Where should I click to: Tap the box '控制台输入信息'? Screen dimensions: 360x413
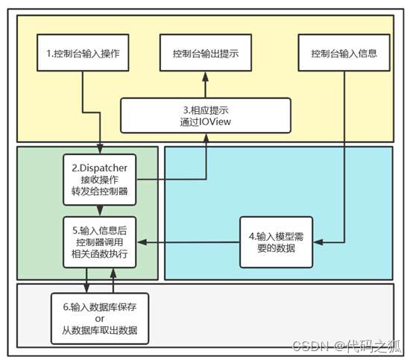[343, 54]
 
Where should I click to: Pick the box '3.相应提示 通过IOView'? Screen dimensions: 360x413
[205, 114]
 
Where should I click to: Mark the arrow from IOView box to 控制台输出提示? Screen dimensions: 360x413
[205, 86]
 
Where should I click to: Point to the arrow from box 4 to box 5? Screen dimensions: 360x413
[190, 242]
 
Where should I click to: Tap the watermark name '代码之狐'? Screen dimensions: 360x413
[379, 345]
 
